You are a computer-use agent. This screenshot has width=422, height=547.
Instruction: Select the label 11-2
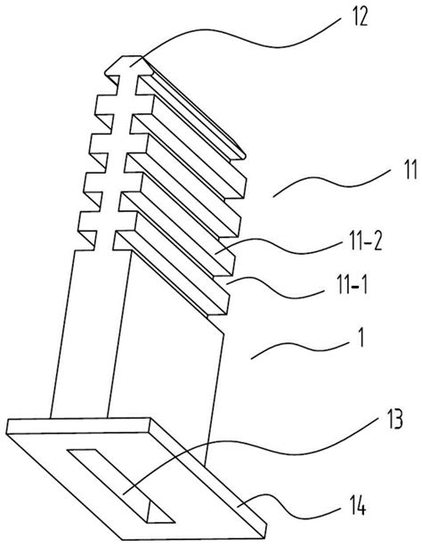366,242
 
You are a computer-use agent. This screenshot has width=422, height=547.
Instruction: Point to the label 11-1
352,286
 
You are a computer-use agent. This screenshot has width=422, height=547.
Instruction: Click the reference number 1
361,338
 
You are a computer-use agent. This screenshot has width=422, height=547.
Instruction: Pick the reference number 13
394,420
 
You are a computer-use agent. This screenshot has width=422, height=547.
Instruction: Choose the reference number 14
357,506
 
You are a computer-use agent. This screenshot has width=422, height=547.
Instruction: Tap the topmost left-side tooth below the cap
103,103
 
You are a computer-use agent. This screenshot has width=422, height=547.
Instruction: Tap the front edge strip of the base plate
78,426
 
